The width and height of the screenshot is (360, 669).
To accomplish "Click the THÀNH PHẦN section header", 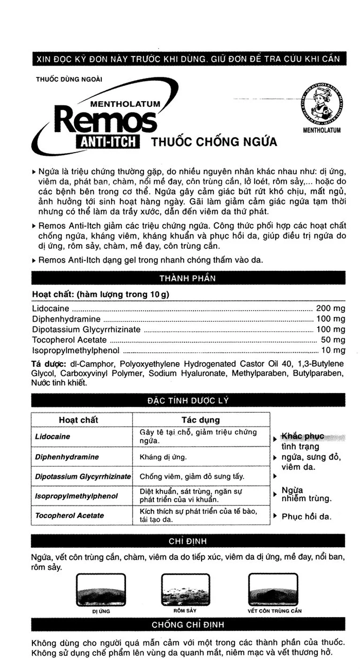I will [187, 278].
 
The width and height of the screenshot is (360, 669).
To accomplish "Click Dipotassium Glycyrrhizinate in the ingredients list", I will [86, 329].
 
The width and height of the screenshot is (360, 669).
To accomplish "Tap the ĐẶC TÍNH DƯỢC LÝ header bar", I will [187, 401].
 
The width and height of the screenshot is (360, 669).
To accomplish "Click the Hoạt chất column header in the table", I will [78, 420].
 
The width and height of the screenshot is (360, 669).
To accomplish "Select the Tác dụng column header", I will [201, 420].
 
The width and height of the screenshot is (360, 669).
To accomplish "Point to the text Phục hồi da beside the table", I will [307, 517].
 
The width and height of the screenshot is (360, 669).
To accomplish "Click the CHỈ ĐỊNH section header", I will [187, 541].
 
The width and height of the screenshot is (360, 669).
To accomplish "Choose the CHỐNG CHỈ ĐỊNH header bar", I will [187, 624].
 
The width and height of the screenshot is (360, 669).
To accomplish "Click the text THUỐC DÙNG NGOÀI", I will [69, 79].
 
